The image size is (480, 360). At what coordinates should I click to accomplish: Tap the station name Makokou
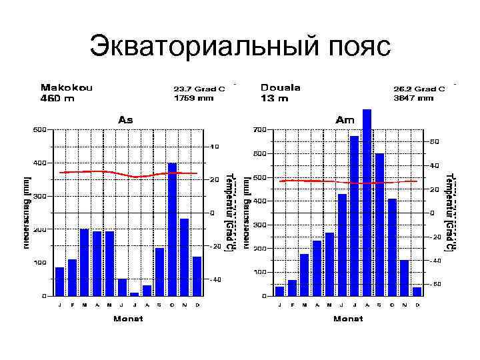coord(67,87)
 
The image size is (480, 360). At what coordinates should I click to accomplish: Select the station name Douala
coord(281,87)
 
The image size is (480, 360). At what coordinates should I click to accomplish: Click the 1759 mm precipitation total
coord(194,98)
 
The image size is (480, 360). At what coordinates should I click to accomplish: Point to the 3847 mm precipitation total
coord(414,98)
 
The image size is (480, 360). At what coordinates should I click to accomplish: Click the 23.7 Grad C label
coord(199,88)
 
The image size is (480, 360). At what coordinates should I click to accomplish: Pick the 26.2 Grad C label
coord(419,88)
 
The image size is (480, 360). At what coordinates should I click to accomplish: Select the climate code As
coord(125,120)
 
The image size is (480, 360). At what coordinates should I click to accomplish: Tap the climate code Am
coord(345,120)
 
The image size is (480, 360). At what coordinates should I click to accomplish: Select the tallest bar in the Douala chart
coord(367,202)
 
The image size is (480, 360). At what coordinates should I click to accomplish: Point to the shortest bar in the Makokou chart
coord(135,293)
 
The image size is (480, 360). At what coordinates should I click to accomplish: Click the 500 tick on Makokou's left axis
coord(40,129)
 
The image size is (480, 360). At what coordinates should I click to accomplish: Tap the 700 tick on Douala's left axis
coord(259,129)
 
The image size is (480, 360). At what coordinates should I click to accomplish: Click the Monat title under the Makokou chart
coord(127,318)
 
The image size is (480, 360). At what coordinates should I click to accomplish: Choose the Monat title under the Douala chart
coord(347,318)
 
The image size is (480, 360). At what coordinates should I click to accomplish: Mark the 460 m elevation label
coord(58,99)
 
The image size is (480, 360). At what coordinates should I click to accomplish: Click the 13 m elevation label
coord(275,99)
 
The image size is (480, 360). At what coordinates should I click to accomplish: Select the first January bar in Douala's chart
coord(279,291)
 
